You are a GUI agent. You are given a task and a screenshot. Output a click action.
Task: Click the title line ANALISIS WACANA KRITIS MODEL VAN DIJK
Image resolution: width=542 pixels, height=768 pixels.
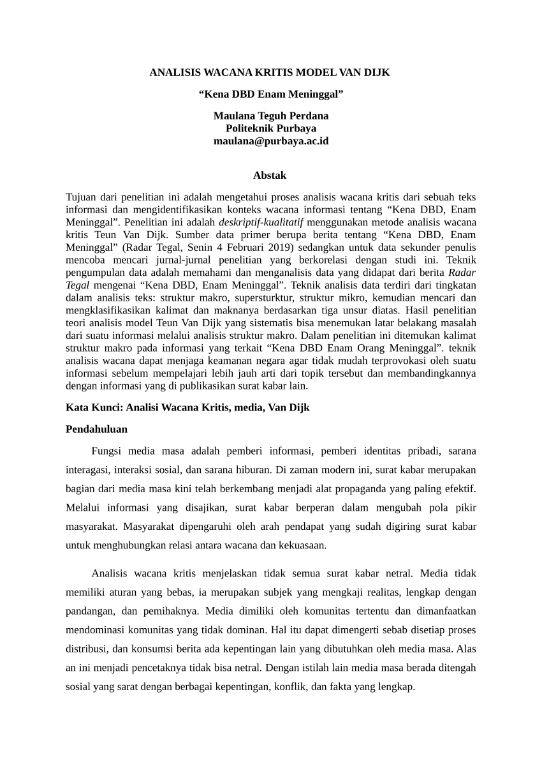(x=270, y=73)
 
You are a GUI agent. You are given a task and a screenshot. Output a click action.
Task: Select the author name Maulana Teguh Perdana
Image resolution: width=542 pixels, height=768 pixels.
(x=270, y=116)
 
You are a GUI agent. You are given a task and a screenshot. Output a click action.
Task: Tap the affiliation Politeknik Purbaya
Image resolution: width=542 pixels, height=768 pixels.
(x=270, y=128)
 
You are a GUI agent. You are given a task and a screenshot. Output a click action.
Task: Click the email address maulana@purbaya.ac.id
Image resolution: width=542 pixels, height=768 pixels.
(x=270, y=141)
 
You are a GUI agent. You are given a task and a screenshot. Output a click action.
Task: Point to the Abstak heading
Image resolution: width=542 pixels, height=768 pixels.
(x=270, y=175)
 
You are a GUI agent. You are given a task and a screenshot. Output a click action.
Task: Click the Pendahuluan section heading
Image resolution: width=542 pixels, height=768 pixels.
(x=96, y=429)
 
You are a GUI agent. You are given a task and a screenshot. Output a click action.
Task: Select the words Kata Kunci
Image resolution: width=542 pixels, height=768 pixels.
(x=94, y=407)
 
